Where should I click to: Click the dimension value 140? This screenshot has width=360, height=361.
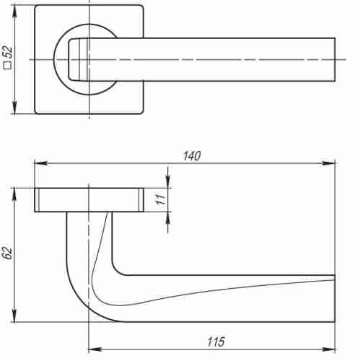[x=191, y=155]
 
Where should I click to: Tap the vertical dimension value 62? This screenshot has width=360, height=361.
[x=8, y=253]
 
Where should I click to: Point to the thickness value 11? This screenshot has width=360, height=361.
[x=161, y=200]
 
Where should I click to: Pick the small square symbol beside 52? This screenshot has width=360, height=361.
[x=8, y=66]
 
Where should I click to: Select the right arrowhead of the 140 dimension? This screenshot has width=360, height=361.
[x=331, y=163]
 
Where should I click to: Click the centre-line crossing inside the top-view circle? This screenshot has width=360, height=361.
[x=88, y=58]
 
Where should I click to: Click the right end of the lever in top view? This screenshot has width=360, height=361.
[x=333, y=58]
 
